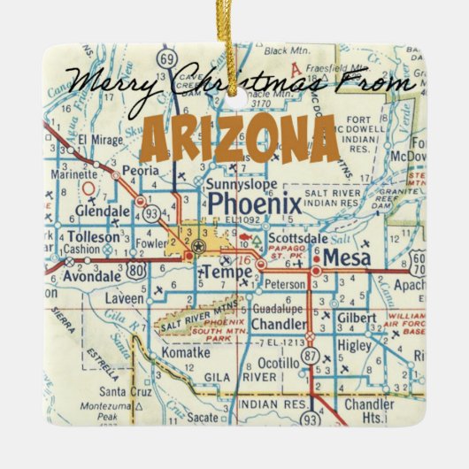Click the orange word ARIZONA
point(240,136)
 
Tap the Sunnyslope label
point(241,185)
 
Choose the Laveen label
point(124,299)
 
